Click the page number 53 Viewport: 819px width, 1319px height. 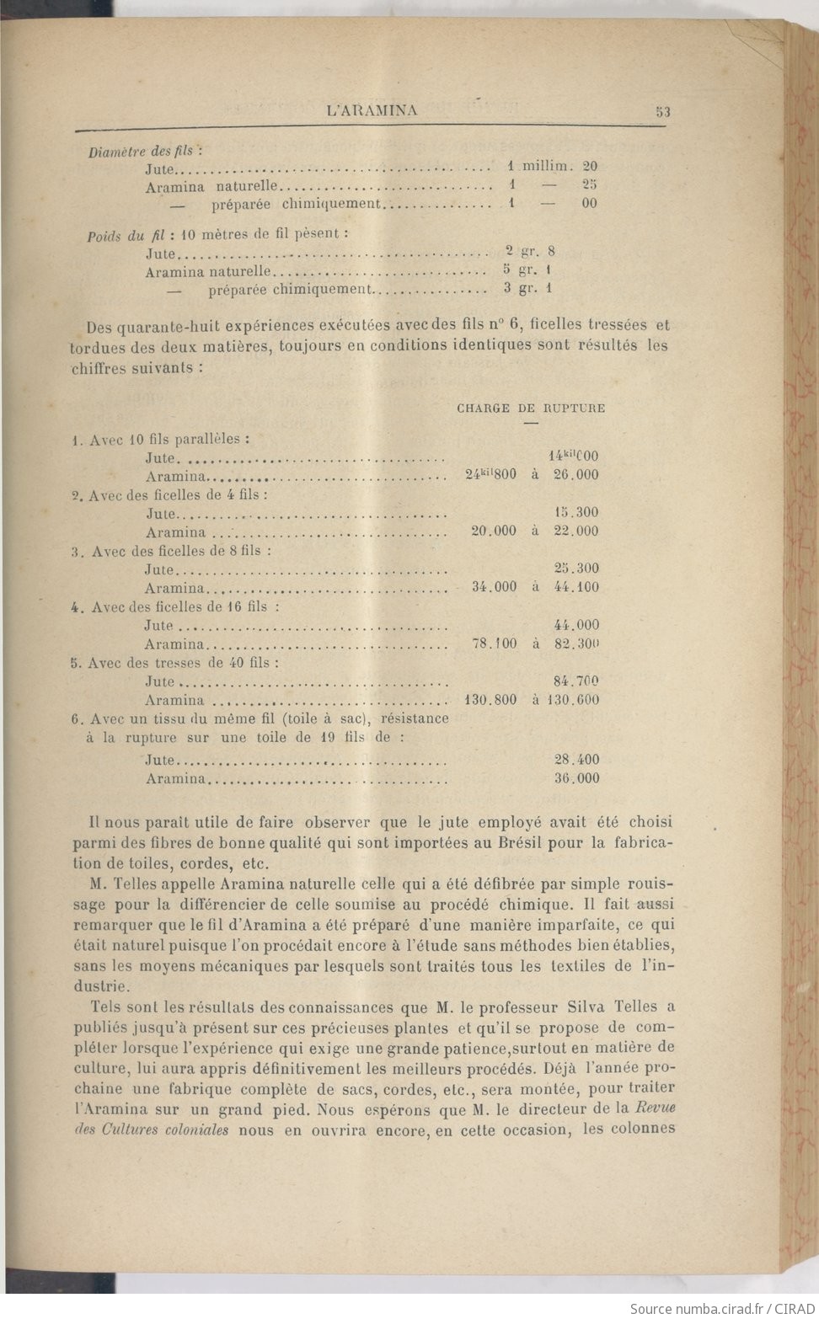coord(662,111)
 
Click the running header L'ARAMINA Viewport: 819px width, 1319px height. coord(372,110)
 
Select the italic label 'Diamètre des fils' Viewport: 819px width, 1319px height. coord(141,152)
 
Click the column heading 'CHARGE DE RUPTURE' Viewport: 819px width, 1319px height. coord(531,409)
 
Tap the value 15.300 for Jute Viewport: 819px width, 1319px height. coord(576,512)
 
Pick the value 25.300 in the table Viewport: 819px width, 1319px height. coord(576,569)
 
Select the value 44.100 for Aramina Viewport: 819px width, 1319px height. coord(576,587)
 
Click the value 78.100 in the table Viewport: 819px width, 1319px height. coord(495,643)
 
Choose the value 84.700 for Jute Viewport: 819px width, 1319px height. coord(576,681)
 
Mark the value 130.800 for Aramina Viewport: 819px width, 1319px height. coord(491,699)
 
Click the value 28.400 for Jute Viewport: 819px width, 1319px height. coord(576,760)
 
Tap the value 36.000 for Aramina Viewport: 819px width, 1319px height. coord(576,778)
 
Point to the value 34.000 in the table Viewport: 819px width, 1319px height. coord(495,587)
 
